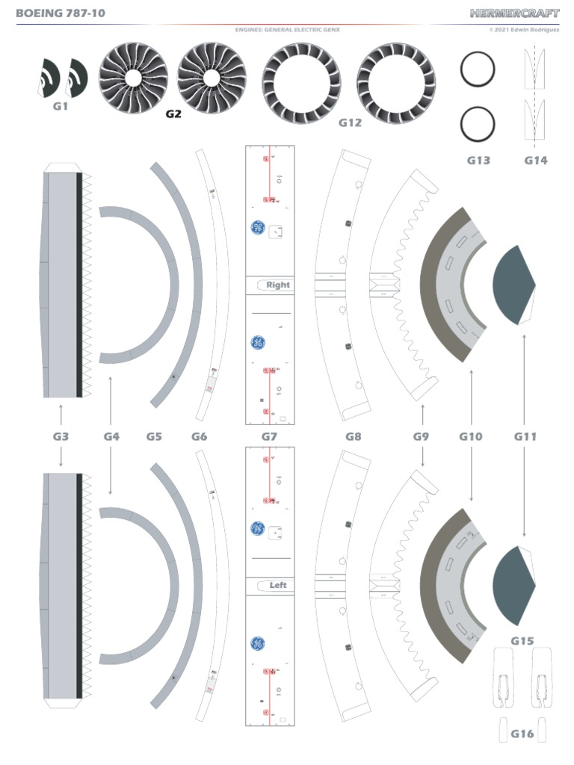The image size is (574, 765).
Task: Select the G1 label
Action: pos(61,106)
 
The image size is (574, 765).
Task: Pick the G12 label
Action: pos(350,123)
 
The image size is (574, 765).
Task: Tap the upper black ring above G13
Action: pos(477,71)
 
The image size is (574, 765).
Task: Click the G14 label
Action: pos(535,160)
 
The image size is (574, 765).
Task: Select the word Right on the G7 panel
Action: pos(277,285)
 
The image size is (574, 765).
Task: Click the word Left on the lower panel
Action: pos(278,586)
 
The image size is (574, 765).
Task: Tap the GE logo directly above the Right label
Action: pos(256,228)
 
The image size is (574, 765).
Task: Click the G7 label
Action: pos(269,436)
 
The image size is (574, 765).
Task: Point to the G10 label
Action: pos(471,436)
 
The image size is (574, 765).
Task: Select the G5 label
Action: pos(154,436)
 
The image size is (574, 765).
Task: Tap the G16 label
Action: pos(522,734)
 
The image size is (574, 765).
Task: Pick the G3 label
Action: pos(61,436)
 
